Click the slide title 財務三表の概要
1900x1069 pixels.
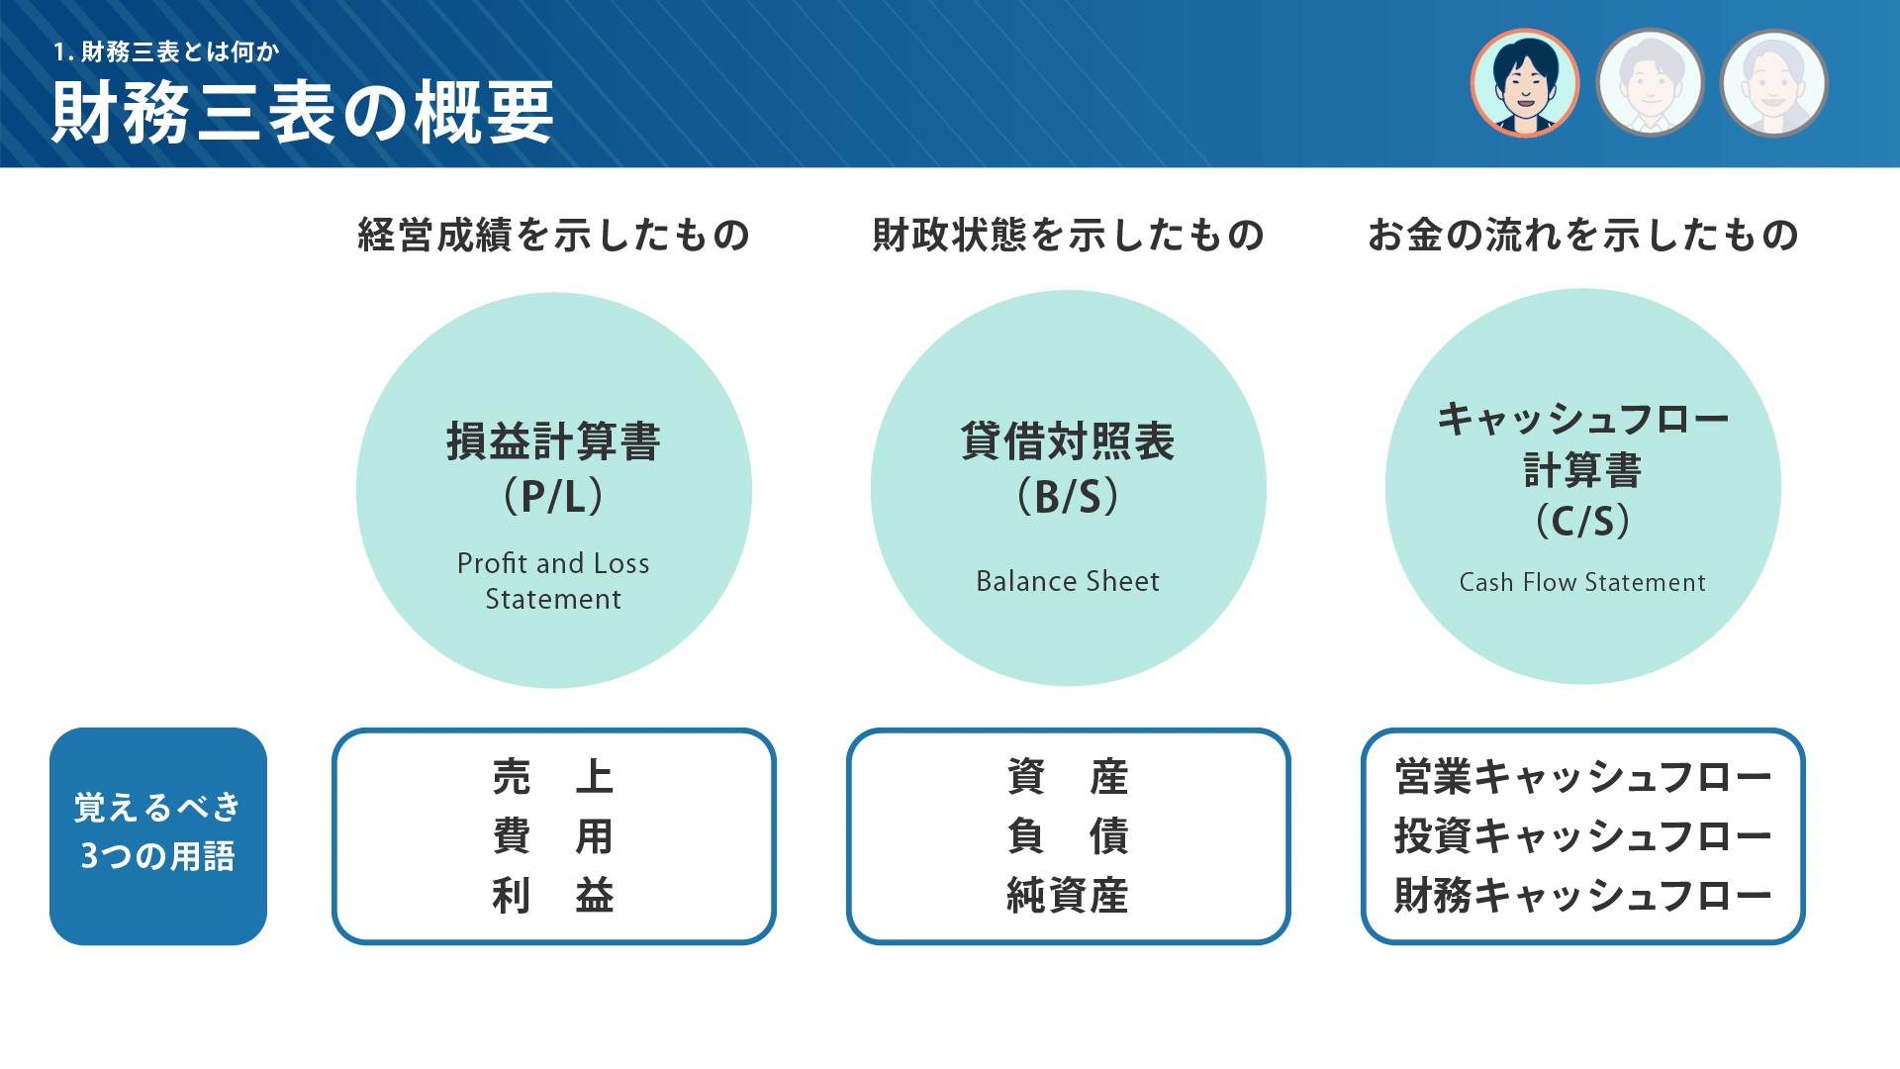click(x=302, y=113)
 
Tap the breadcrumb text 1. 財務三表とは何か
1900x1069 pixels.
click(x=166, y=51)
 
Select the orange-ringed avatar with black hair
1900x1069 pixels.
click(x=1524, y=83)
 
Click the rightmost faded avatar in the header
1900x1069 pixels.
click(x=1773, y=83)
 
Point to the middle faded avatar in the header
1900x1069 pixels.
click(x=1649, y=83)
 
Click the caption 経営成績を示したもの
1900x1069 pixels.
click(x=553, y=235)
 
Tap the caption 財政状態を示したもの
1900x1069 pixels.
click(x=1068, y=235)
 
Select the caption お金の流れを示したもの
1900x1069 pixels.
click(x=1582, y=235)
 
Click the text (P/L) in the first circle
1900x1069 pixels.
click(x=553, y=496)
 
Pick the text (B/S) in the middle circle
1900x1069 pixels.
click(x=1068, y=496)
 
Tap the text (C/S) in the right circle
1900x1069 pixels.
click(x=1582, y=521)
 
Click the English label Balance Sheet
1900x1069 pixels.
click(x=1068, y=581)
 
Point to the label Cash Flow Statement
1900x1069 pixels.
click(x=1582, y=582)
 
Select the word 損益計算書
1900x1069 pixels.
click(x=553, y=441)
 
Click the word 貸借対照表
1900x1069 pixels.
click(x=1068, y=441)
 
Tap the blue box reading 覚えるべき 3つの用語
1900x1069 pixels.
click(x=158, y=836)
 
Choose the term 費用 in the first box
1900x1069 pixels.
click(x=553, y=836)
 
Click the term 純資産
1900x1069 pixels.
click(x=1068, y=896)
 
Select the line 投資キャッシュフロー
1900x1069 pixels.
click(x=1582, y=836)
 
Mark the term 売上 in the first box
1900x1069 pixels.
click(x=553, y=777)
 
